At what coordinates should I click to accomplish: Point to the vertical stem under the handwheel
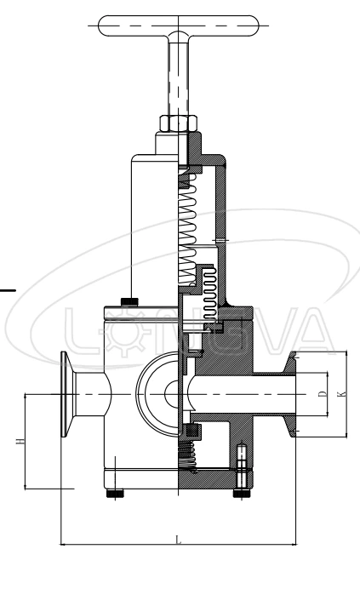[x=180, y=77]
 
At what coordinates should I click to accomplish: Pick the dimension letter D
[x=321, y=393]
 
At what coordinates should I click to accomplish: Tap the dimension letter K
[x=342, y=393]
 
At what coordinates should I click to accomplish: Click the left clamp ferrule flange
[x=66, y=393]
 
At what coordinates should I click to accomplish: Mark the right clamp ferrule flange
[x=293, y=393]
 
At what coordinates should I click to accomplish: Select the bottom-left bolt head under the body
[x=113, y=494]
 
